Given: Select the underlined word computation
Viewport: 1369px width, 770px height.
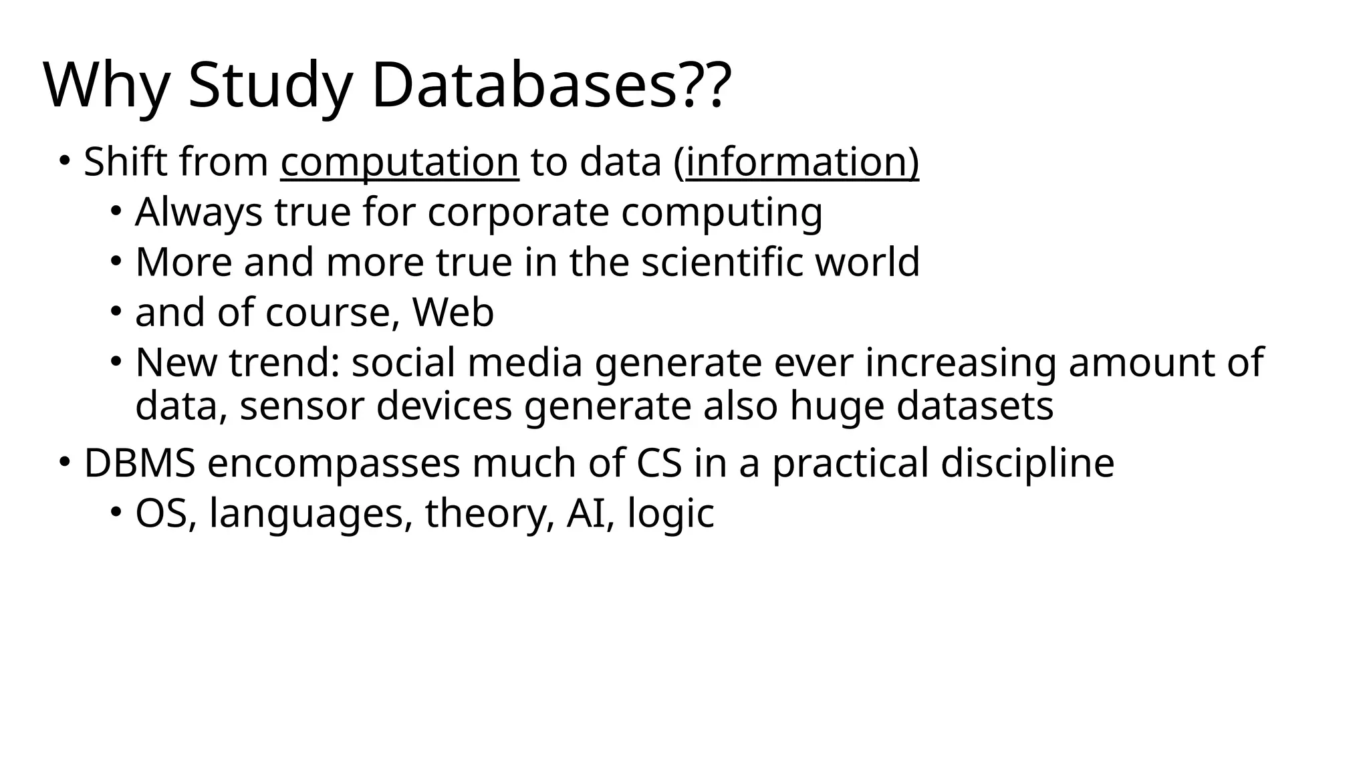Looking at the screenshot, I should click(x=399, y=162).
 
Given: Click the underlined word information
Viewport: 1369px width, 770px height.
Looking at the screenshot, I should click(x=798, y=162).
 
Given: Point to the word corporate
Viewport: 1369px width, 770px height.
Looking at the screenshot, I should click(x=518, y=213).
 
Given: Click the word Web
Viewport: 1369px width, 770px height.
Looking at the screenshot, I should click(x=453, y=312).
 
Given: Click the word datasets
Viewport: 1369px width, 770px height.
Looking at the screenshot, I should click(x=975, y=406).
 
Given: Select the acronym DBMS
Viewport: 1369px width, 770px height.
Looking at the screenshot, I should click(x=140, y=463).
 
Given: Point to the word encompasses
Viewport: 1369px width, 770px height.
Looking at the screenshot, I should click(x=334, y=463).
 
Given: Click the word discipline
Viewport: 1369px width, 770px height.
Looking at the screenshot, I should click(x=1027, y=463).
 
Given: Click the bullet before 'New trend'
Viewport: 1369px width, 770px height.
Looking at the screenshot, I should click(x=116, y=362).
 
